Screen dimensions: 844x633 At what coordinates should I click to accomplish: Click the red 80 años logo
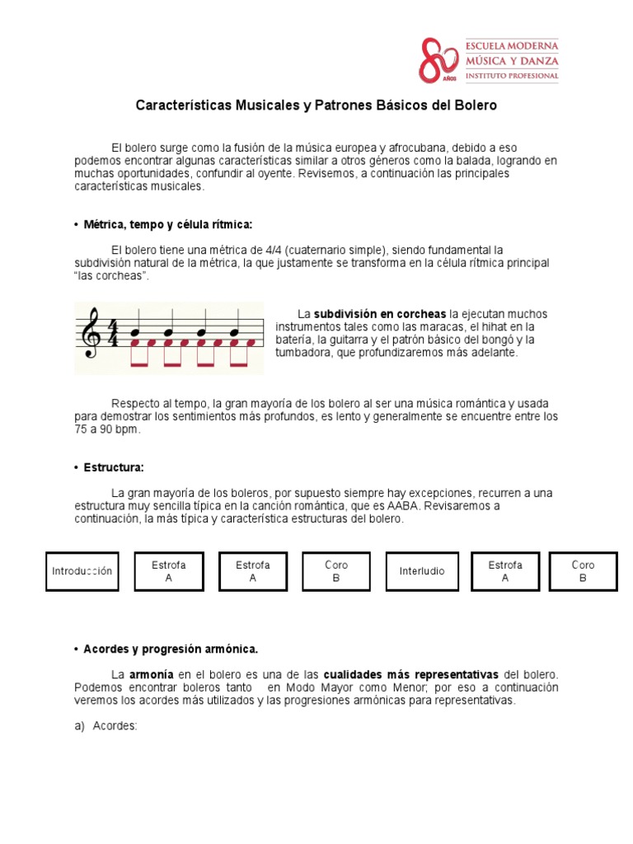point(438,59)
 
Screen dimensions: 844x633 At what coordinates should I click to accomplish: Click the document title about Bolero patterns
point(316,106)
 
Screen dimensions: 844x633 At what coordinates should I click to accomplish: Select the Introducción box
point(82,571)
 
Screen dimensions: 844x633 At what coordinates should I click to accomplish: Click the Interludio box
point(421,571)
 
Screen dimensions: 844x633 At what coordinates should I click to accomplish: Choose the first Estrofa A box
point(168,571)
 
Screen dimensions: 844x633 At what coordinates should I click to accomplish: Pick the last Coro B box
point(583,571)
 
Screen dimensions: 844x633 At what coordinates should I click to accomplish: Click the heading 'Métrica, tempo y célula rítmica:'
point(167,225)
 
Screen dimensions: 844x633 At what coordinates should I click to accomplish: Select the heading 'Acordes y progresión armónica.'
point(171,649)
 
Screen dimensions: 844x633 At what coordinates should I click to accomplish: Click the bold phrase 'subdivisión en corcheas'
point(380,314)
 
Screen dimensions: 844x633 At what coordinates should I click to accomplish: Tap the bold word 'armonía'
point(152,674)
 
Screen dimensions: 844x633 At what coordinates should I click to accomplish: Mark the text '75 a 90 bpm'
point(107,429)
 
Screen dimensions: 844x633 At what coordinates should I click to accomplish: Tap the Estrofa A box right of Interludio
point(505,571)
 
